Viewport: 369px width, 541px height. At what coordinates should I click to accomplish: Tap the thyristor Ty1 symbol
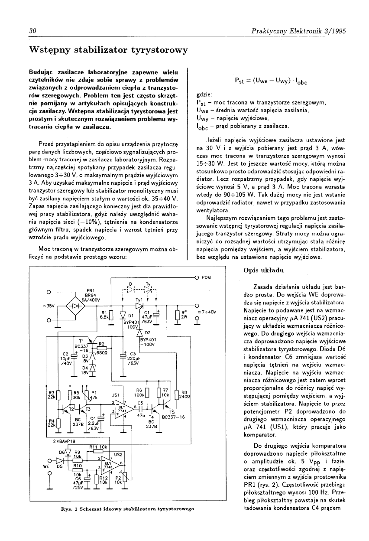139,305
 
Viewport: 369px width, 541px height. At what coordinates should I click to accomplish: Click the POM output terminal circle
197,277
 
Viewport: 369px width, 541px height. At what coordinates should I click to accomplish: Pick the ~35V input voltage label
48,306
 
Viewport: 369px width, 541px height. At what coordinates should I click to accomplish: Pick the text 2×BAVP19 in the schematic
64,441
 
